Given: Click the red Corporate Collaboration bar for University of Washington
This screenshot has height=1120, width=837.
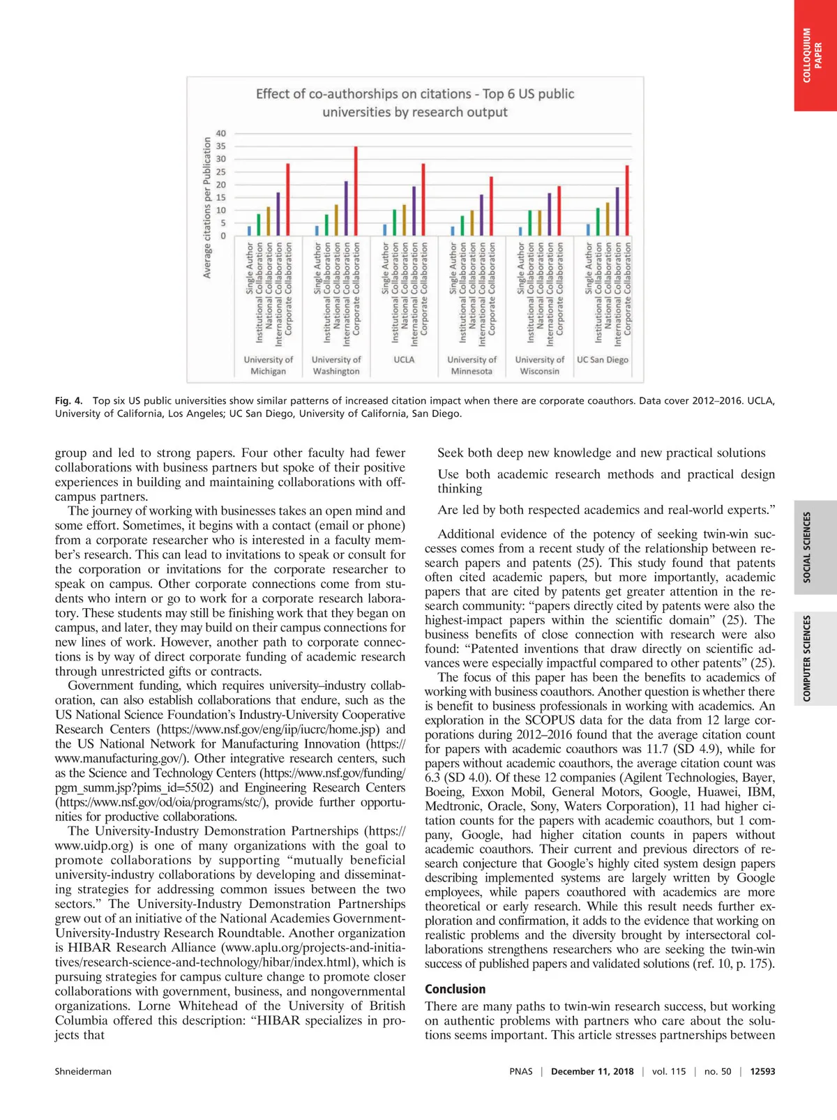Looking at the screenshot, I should tap(356, 191).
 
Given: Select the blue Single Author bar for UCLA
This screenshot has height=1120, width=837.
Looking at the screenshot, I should tap(384, 230).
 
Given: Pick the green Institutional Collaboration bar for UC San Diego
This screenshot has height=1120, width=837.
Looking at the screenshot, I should tap(597, 222).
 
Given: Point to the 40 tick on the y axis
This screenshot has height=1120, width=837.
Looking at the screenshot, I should tap(221, 133).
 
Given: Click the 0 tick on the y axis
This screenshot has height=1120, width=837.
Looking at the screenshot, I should tap(223, 236).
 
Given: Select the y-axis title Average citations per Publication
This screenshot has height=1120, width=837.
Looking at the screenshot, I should tap(207, 207).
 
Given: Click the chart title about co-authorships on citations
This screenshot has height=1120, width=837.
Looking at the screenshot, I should tap(415, 103).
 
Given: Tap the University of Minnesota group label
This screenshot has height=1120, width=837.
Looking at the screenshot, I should tap(472, 365).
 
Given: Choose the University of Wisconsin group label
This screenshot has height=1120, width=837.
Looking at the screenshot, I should tap(539, 365).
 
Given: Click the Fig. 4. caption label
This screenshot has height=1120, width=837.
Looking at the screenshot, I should tap(68, 401).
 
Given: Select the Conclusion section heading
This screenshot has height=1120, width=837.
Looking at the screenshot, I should tap(455, 989).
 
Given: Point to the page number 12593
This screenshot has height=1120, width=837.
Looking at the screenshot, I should tap(762, 1071).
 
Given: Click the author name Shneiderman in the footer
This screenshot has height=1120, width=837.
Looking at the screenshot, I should tap(83, 1071).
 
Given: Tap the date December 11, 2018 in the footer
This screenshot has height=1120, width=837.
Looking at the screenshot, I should tap(592, 1071).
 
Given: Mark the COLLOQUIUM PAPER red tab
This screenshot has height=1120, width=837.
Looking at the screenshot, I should tap(813, 55).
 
